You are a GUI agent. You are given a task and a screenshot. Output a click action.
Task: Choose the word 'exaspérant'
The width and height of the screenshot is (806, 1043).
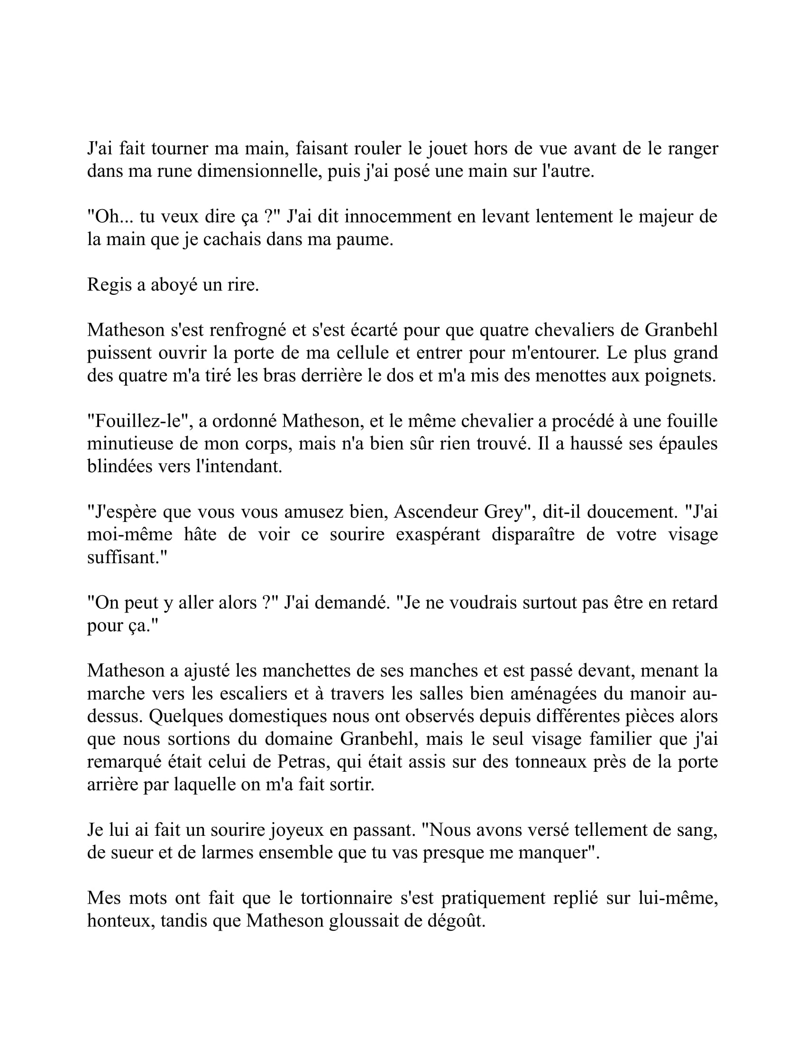(439, 534)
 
